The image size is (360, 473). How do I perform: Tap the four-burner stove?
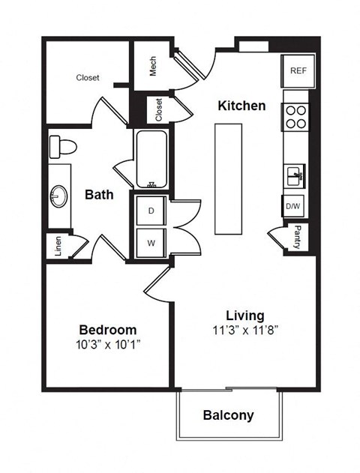295,117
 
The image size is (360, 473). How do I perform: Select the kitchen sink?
295,176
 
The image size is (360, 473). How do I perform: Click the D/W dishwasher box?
292,205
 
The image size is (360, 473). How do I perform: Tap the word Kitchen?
241,106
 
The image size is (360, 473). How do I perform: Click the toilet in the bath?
64,147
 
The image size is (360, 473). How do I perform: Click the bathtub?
152,158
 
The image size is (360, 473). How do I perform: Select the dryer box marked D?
151,211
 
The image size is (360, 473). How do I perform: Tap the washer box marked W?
151,243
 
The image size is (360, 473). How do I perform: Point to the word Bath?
99,195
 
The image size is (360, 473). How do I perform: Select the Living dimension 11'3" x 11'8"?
245,330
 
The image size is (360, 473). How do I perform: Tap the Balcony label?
229,415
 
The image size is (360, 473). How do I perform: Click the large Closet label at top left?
88,77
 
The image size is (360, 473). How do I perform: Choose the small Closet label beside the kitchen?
159,109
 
